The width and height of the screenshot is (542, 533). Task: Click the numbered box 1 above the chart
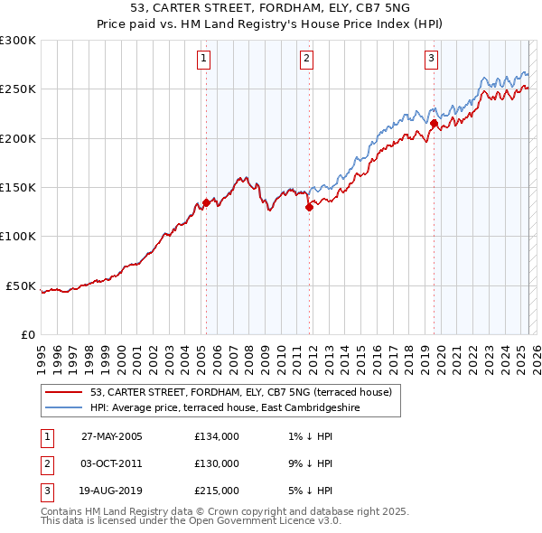point(204,60)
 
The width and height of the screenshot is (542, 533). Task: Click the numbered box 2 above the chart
point(307,60)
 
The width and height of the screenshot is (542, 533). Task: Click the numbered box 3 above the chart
point(432,60)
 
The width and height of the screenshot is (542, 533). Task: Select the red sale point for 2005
point(206,203)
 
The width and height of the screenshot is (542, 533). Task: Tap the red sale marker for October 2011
point(309,207)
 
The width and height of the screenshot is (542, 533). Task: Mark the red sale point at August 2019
point(434,123)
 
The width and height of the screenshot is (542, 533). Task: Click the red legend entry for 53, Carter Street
point(240,392)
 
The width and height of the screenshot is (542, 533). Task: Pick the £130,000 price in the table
point(217,463)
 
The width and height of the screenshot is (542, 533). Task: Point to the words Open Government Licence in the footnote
point(264,521)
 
